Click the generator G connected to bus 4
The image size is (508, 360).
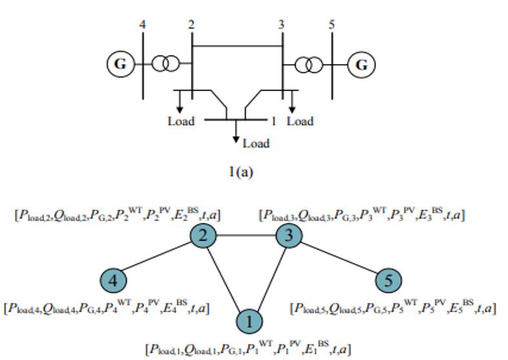(x=120, y=64)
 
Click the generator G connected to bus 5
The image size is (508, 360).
(x=361, y=65)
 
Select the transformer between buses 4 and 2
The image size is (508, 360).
(x=165, y=63)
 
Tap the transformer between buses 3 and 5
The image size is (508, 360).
(x=309, y=65)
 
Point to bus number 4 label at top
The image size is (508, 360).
(x=143, y=25)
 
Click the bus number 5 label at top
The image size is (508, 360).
(x=332, y=25)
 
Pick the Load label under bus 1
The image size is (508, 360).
(x=256, y=143)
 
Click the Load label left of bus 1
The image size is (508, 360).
(x=181, y=122)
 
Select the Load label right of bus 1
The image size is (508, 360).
(x=301, y=122)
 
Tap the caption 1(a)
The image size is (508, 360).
(x=240, y=172)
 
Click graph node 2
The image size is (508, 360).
(x=203, y=235)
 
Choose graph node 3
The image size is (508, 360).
(x=289, y=235)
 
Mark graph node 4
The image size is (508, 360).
(x=113, y=281)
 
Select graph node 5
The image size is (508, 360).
(x=388, y=281)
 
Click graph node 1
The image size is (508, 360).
(x=249, y=322)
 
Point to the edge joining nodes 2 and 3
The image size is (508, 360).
(x=246, y=235)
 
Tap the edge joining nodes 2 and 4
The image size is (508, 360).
(x=158, y=257)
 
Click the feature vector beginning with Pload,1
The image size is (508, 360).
(x=248, y=348)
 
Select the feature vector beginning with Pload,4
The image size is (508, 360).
(x=107, y=307)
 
